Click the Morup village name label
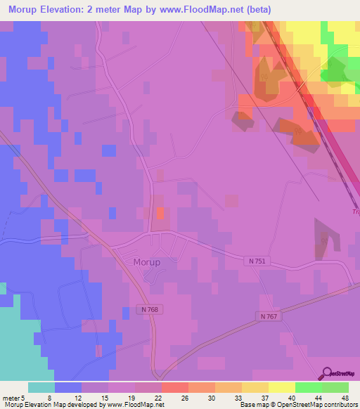point(146,262)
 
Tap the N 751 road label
point(257,261)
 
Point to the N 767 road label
point(269,317)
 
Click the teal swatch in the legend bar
point(41,387)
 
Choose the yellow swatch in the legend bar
point(281,387)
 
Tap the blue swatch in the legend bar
point(68,387)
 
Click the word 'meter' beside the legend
point(10,397)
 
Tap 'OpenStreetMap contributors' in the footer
point(326,405)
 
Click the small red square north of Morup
point(160,212)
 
